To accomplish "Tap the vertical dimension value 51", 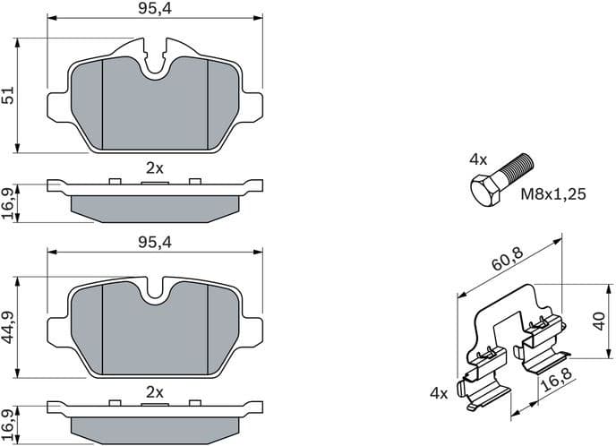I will tap(9, 96).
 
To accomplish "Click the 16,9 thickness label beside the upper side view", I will tap(9, 202).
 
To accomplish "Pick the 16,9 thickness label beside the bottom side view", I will tap(9, 425).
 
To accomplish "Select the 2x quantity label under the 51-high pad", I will tap(154, 167).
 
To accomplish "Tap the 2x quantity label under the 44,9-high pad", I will tap(154, 392).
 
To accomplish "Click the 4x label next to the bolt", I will tap(478, 159).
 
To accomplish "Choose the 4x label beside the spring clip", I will tap(439, 392).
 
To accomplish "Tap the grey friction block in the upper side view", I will tap(154, 205).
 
